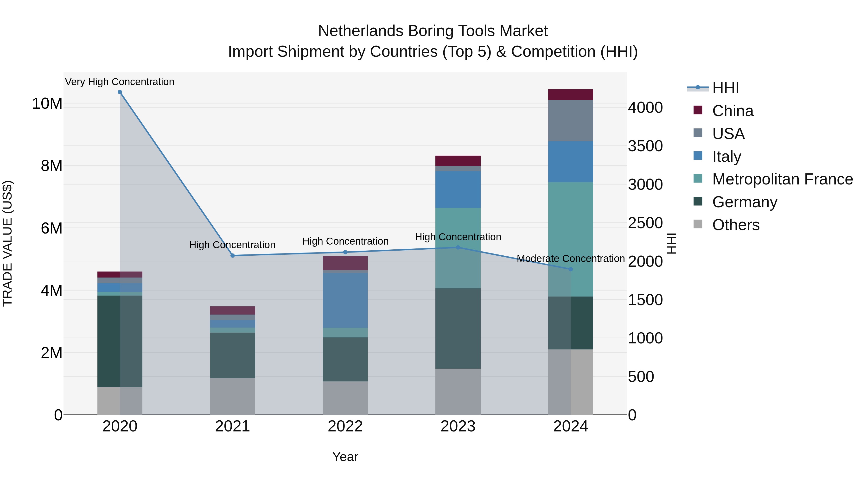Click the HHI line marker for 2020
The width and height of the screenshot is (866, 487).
[x=120, y=92]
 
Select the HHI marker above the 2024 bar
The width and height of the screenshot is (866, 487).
[x=571, y=269]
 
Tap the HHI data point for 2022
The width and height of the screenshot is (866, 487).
[x=345, y=252]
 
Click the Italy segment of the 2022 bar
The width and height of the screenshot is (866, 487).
[x=345, y=300]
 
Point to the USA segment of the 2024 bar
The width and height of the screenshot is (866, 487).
[x=571, y=121]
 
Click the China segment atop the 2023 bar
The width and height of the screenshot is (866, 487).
[x=458, y=161]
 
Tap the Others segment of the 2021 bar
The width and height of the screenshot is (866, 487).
[x=232, y=396]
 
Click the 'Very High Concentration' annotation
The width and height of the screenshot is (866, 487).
[x=120, y=82]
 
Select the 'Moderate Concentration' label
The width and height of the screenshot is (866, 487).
[x=571, y=259]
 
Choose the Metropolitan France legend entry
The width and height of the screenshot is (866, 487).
[x=782, y=179]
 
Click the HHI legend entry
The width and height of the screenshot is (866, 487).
[x=726, y=88]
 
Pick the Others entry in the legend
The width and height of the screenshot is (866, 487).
[x=736, y=225]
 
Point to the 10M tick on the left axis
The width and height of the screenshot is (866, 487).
[x=47, y=103]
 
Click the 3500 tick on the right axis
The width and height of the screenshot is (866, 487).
[x=645, y=146]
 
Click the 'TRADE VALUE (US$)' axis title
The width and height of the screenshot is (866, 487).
[x=7, y=243]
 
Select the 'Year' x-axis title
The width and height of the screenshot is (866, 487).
[x=345, y=457]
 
